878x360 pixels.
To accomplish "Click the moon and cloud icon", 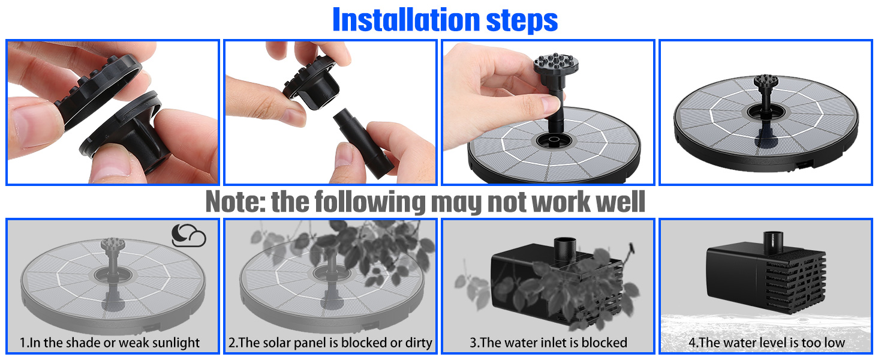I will pyautogui.click(x=188, y=236).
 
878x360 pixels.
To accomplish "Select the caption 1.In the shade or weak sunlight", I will pyautogui.click(x=110, y=343).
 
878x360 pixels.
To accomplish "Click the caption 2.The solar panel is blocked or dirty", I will pyautogui.click(x=330, y=343).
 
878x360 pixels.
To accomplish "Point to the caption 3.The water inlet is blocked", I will pyautogui.click(x=548, y=343).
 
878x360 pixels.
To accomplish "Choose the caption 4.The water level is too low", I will pyautogui.click(x=766, y=343).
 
